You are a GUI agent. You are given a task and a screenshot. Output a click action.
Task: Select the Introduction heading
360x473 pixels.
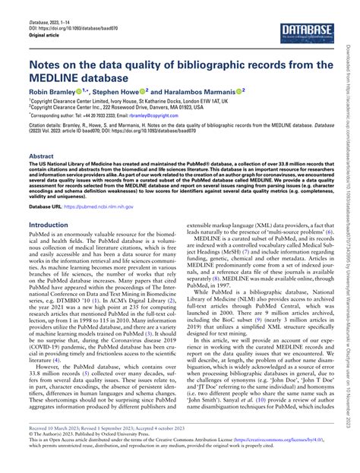click(x=48, y=225)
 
